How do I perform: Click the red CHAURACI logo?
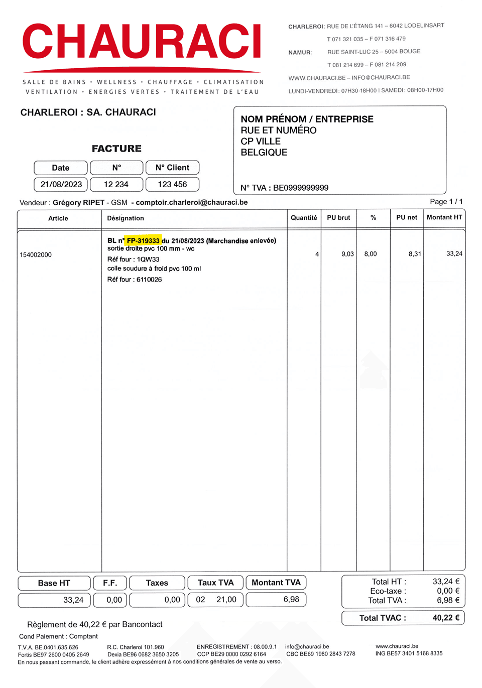[142, 42]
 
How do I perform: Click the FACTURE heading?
[116, 149]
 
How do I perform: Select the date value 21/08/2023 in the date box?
[61, 185]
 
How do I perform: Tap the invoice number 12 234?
[116, 185]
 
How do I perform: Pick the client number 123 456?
[172, 185]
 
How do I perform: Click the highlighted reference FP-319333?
[143, 241]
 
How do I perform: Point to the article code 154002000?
[36, 255]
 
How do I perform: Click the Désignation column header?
[126, 218]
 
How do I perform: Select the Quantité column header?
[304, 218]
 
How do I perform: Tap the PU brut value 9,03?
[347, 254]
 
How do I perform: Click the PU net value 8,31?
[415, 254]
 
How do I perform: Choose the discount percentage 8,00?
[371, 254]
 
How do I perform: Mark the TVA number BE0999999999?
[300, 188]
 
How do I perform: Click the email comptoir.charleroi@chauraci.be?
[192, 202]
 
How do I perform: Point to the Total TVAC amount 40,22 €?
[446, 618]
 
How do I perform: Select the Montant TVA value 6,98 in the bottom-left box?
[291, 600]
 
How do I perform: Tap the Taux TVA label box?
[215, 583]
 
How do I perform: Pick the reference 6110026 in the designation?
[149, 280]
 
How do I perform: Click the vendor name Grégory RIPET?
[78, 202]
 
